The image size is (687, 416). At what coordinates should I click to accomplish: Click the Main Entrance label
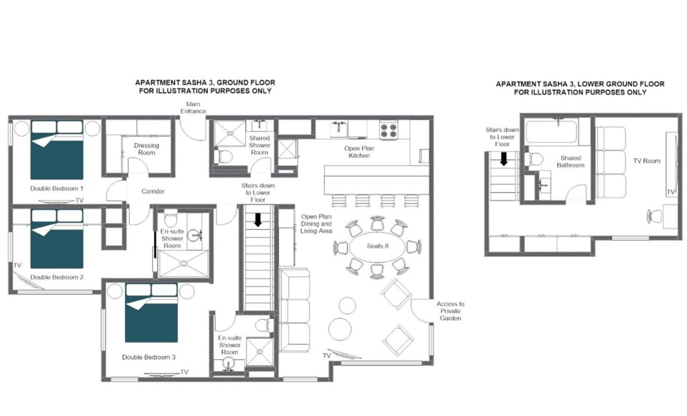(x=193, y=107)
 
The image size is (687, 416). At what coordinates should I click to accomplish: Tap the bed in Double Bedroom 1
(x=57, y=150)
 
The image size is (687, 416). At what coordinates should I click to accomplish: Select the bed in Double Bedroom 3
(x=151, y=313)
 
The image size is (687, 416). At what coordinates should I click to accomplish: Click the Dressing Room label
(x=147, y=149)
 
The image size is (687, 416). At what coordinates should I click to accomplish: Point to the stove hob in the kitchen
(x=389, y=130)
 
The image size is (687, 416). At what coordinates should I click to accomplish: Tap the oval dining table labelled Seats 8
(x=377, y=247)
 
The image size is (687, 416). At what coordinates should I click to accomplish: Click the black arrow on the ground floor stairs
(x=258, y=220)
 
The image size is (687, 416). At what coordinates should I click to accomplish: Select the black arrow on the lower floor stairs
(x=504, y=159)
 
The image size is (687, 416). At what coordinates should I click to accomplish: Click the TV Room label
(x=647, y=161)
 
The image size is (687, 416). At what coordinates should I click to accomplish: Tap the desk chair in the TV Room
(x=654, y=216)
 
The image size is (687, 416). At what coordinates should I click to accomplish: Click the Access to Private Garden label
(x=450, y=311)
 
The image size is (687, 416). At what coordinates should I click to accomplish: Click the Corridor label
(x=153, y=192)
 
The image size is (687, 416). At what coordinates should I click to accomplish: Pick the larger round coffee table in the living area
(x=340, y=329)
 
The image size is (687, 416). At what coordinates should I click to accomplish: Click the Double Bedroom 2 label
(x=57, y=277)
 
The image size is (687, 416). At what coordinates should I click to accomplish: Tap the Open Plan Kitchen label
(x=359, y=152)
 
